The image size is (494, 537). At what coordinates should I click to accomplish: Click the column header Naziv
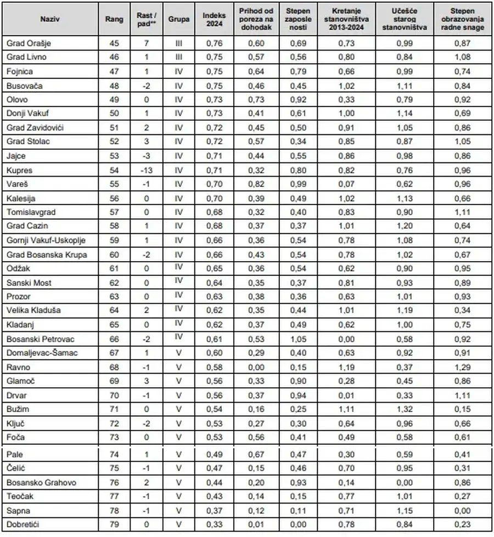(x=50, y=19)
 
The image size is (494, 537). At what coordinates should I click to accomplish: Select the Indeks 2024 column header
(x=214, y=19)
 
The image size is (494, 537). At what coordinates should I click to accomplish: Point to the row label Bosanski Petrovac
(x=38, y=338)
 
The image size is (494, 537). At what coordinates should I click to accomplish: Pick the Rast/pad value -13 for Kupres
(x=147, y=170)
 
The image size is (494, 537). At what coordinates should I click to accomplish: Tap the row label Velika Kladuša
(x=33, y=310)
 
